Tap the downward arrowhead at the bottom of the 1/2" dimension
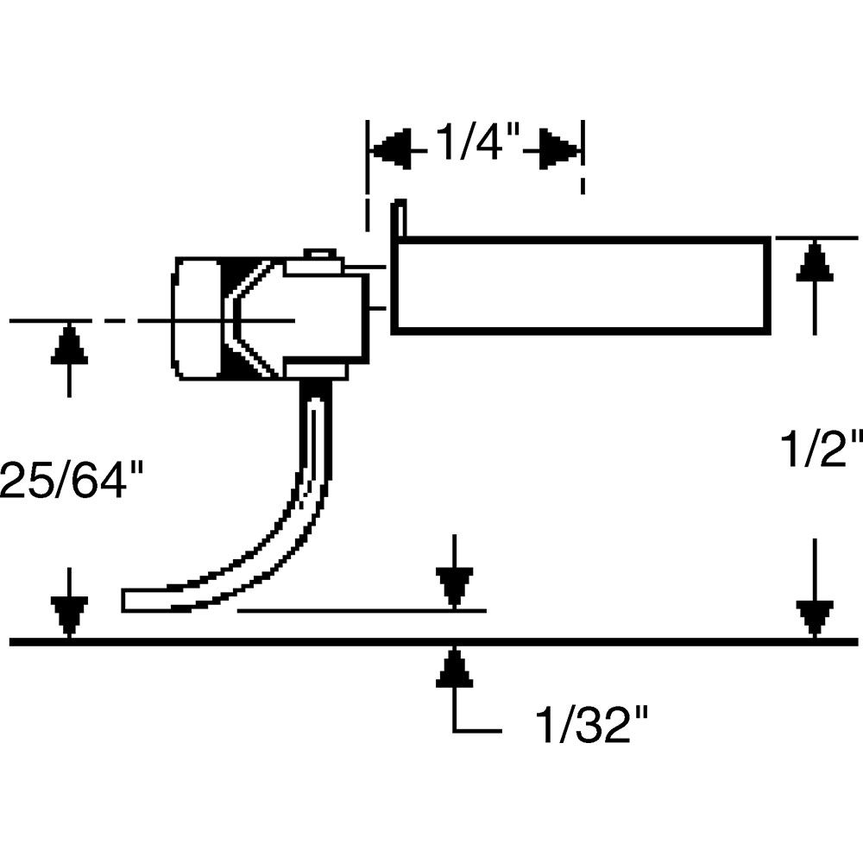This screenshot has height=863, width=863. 814,617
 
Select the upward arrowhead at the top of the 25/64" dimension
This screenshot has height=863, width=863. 68,345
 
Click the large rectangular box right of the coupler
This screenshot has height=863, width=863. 580,285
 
